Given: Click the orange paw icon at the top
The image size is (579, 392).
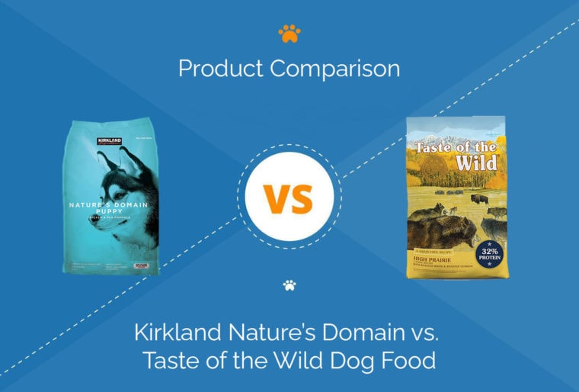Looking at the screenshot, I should pyautogui.click(x=289, y=34).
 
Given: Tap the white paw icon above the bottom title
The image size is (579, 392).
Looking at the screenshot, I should pyautogui.click(x=289, y=286).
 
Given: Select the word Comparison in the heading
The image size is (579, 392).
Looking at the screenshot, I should pyautogui.click(x=335, y=69).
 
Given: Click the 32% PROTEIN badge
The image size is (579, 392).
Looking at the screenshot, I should pyautogui.click(x=488, y=254).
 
